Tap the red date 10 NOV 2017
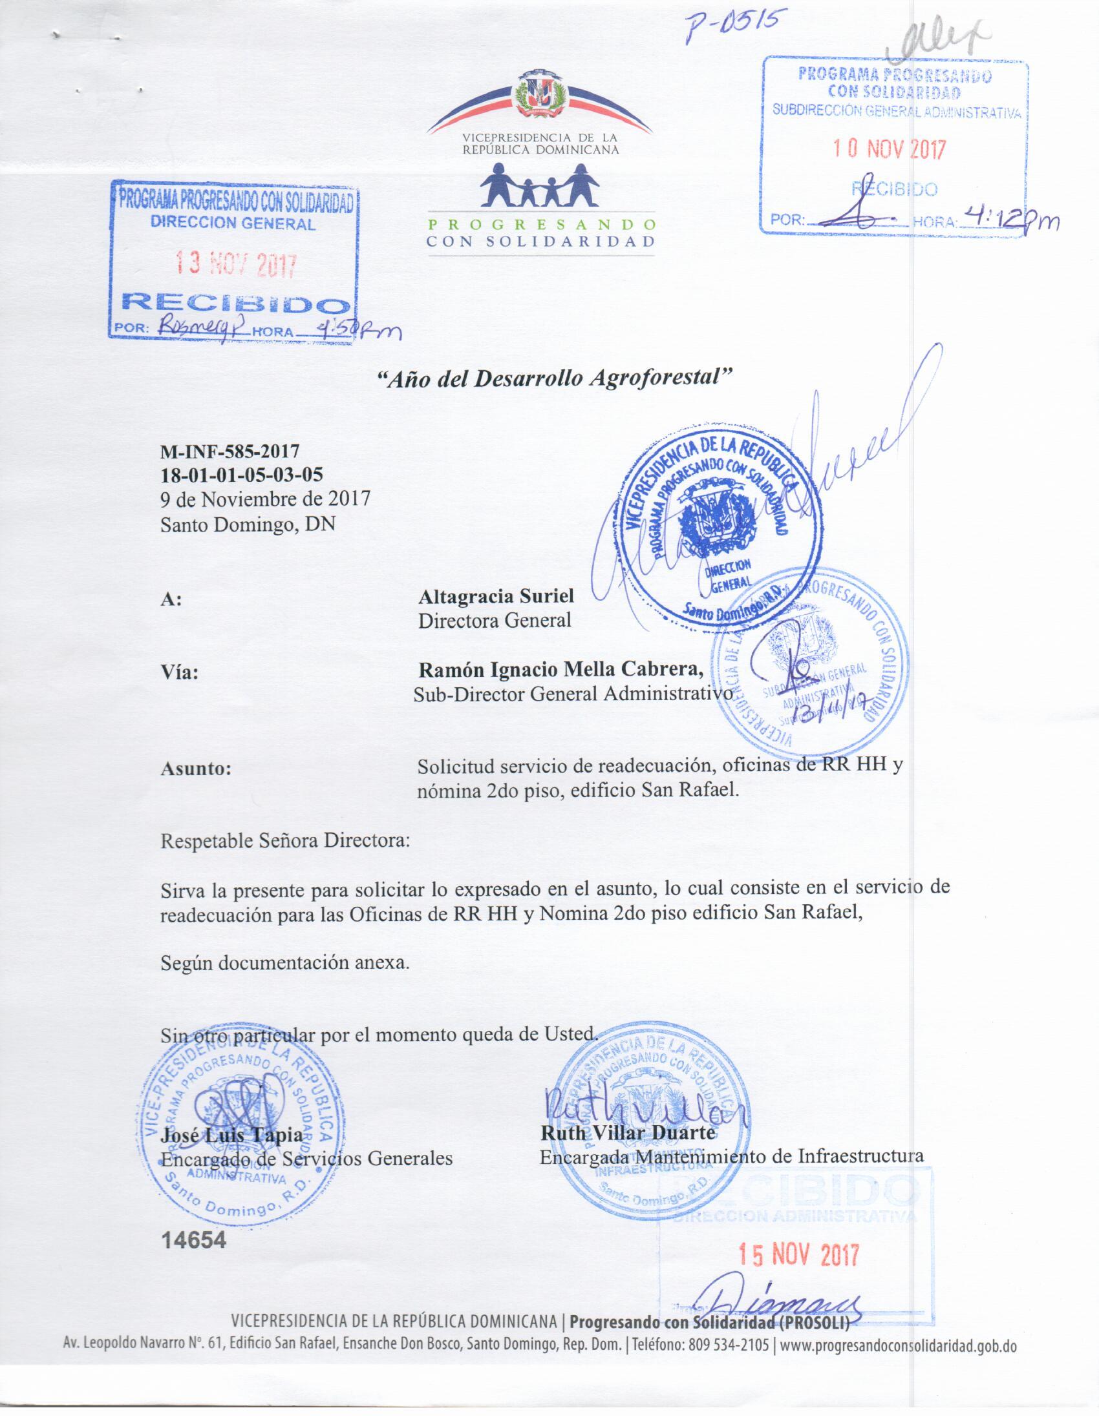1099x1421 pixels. click(x=890, y=150)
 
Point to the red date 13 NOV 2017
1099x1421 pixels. click(x=237, y=264)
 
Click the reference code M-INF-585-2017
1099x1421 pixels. click(x=230, y=450)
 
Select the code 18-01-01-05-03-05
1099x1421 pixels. click(x=242, y=474)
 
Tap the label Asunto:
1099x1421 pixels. click(x=196, y=769)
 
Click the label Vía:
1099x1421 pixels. click(x=180, y=672)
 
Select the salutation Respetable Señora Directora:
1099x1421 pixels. click(x=286, y=840)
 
